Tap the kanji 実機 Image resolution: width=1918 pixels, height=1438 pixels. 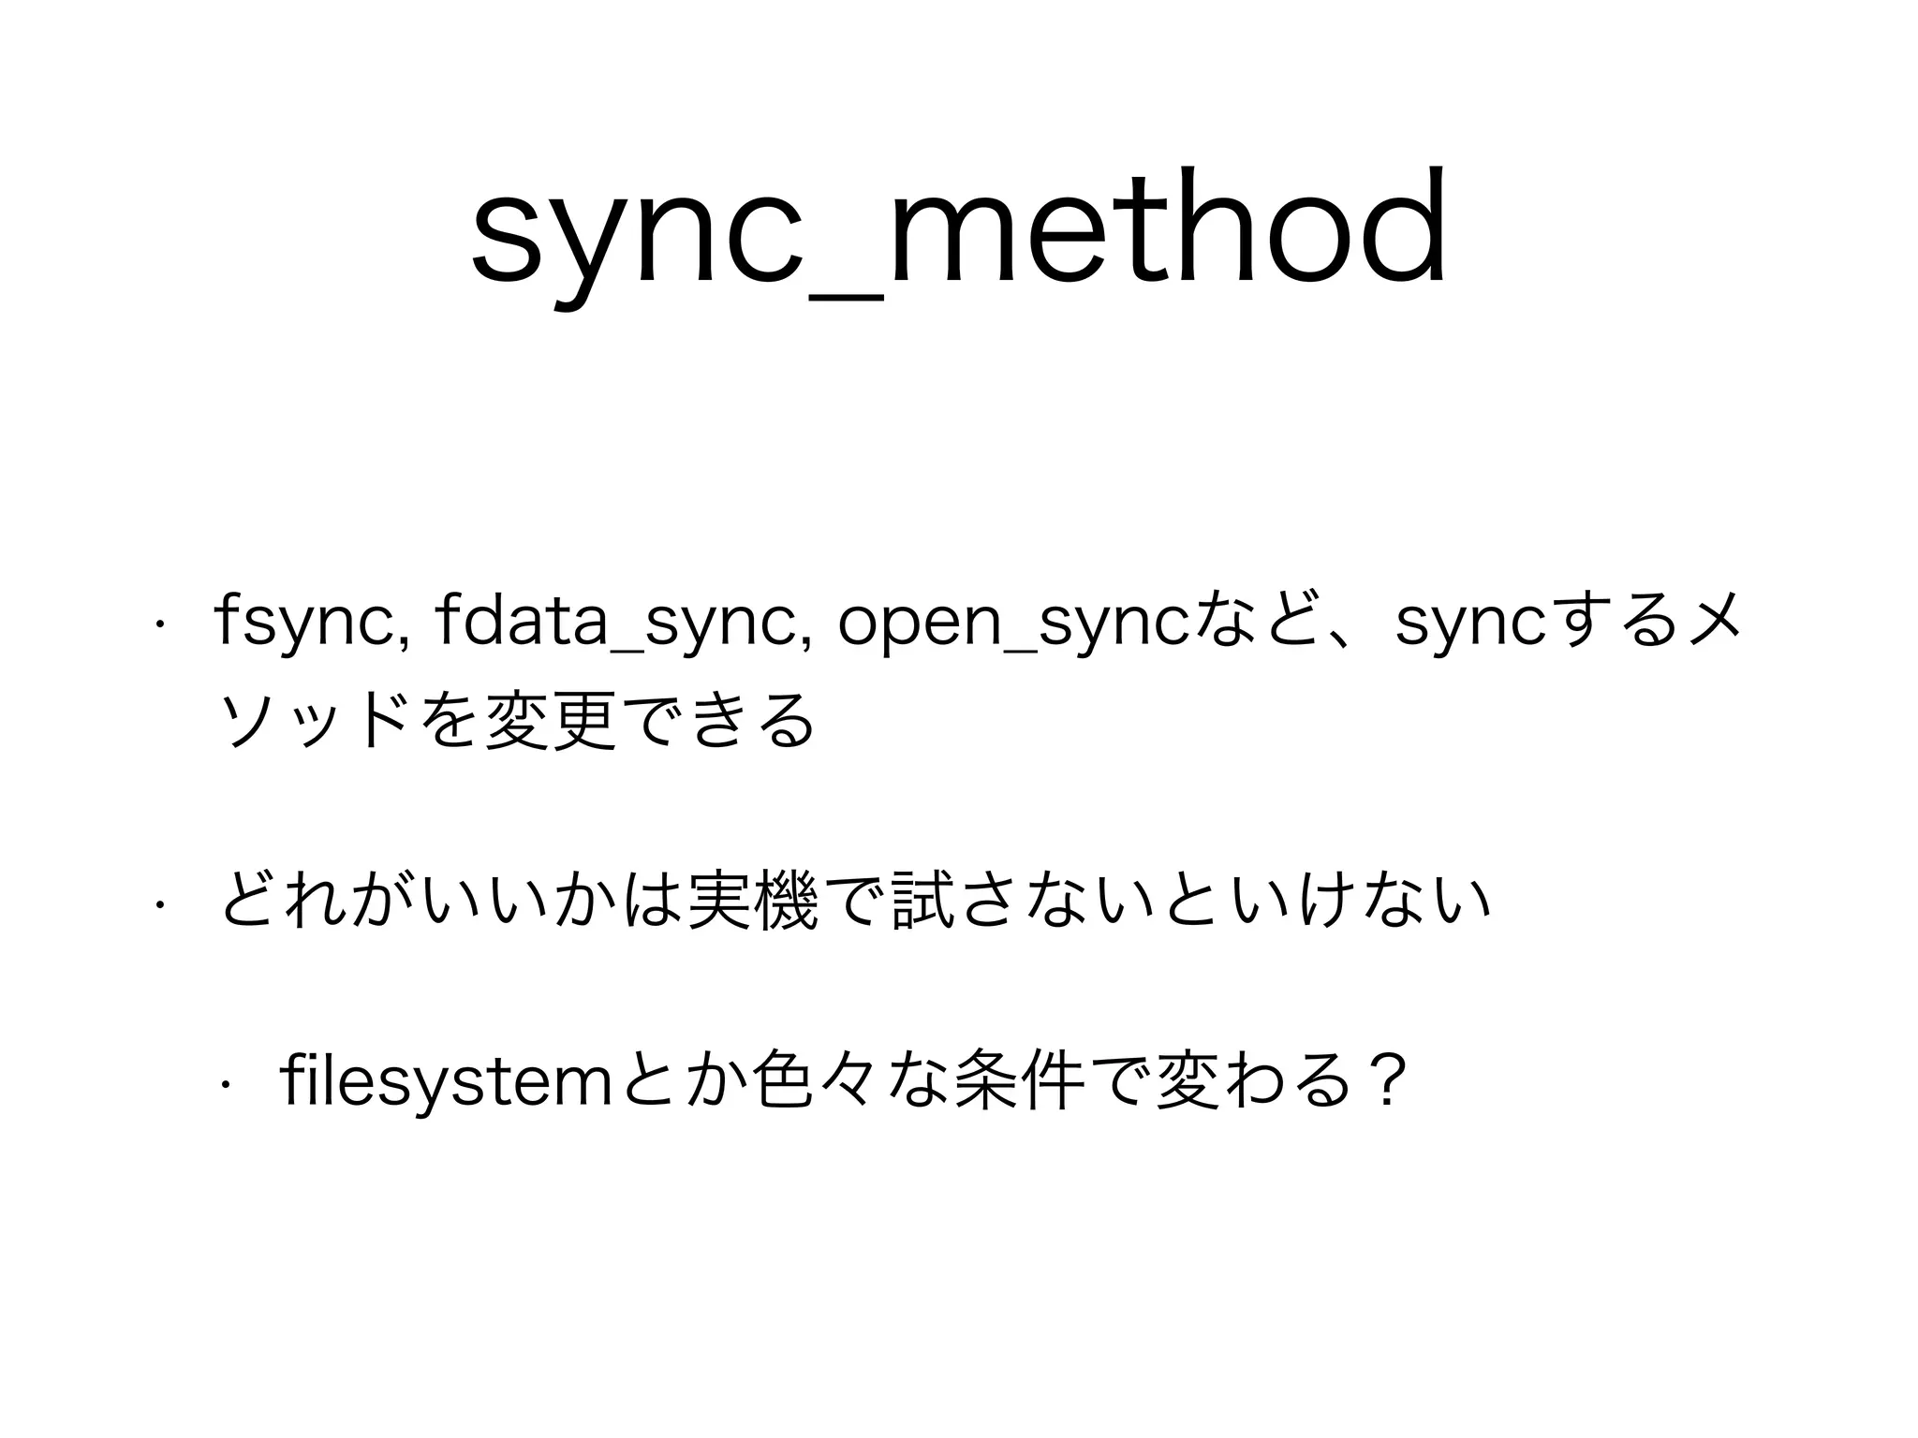748,900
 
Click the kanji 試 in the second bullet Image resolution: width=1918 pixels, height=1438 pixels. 923,900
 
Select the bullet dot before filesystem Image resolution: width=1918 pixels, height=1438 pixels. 225,1085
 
